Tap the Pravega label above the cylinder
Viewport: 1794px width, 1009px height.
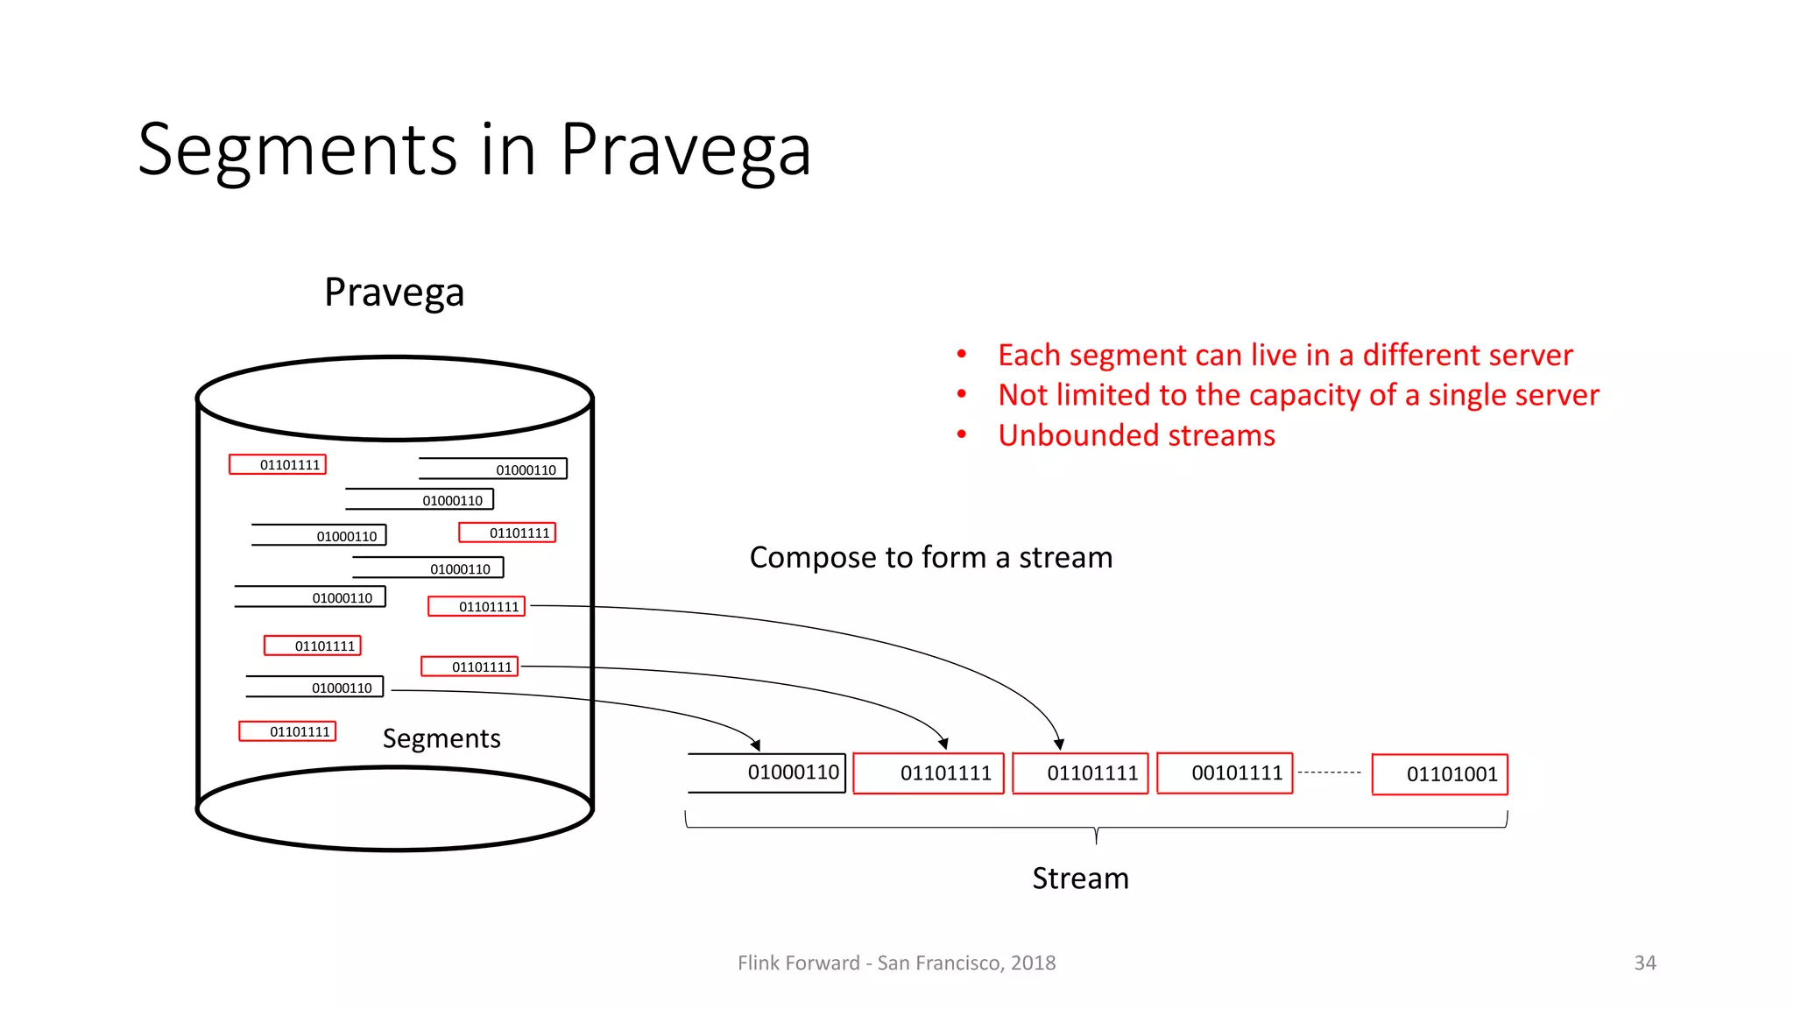394,293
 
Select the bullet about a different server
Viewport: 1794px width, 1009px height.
1284,356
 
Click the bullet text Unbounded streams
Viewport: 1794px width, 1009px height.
1136,435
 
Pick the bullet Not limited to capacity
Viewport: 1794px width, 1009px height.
1298,396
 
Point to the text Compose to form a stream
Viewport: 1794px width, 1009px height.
930,558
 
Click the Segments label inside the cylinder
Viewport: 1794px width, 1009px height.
441,738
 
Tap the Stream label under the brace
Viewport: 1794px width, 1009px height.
1080,878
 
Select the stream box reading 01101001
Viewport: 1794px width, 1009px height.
1439,774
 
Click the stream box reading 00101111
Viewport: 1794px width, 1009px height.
1225,773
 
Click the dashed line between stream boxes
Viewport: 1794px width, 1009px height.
1329,773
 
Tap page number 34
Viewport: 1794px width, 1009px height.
1644,963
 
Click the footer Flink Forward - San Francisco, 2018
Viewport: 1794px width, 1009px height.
896,963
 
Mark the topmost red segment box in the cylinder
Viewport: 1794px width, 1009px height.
278,464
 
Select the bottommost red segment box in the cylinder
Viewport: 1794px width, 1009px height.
287,731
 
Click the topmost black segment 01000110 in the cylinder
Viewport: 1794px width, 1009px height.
493,469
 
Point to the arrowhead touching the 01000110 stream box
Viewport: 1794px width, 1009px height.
755,745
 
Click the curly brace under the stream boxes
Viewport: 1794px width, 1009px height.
1096,829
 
